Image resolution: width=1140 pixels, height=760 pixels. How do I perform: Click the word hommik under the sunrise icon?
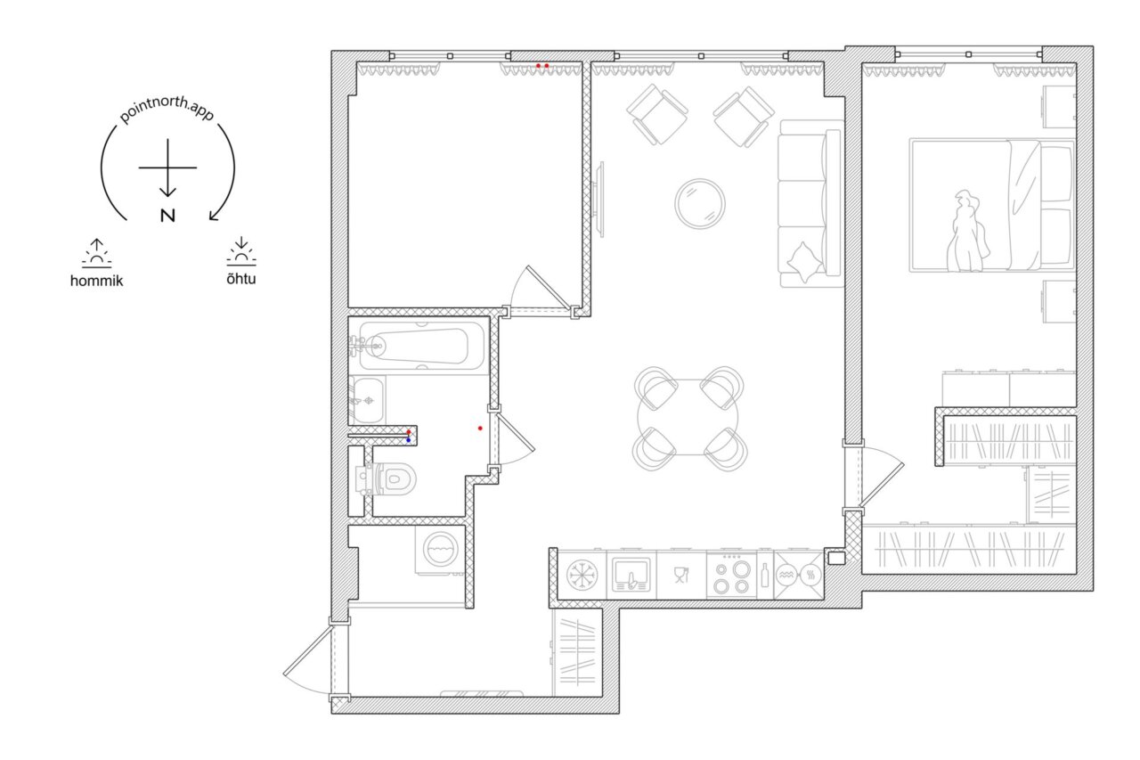pos(97,281)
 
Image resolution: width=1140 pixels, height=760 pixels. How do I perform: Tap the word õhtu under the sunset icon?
pos(241,279)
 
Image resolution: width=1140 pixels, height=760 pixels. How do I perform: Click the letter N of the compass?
pos(167,216)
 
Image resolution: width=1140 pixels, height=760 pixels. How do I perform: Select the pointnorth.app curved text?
pos(167,109)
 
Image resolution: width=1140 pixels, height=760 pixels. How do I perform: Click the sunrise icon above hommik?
pos(97,253)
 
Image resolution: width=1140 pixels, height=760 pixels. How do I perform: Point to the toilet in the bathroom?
pos(387,479)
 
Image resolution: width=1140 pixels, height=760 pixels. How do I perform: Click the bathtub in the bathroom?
pos(421,347)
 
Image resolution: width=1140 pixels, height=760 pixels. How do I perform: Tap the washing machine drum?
pos(441,549)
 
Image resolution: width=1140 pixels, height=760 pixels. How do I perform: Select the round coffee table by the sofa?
pos(700,204)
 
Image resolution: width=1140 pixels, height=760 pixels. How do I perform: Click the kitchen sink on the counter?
pos(631,575)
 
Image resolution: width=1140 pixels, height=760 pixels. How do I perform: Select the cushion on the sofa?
pos(804,262)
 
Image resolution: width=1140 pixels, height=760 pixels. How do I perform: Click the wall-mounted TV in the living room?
pos(599,200)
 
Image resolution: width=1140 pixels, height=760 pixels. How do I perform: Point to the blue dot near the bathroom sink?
pos(409,440)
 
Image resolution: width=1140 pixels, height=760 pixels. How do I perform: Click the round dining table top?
pos(688,417)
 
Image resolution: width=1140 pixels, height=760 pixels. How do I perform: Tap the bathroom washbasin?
pos(367,401)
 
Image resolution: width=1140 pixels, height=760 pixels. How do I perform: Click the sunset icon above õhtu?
pos(241,251)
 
